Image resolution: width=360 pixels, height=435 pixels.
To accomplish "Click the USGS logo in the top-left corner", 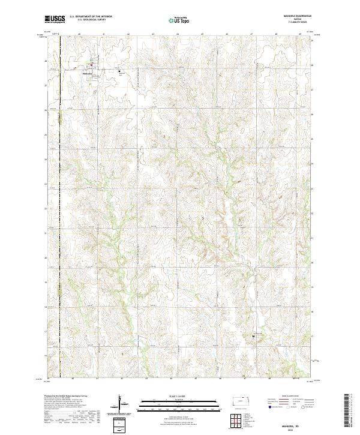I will click(x=55, y=20).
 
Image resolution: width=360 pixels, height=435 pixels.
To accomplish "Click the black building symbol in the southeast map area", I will click(x=253, y=337).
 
